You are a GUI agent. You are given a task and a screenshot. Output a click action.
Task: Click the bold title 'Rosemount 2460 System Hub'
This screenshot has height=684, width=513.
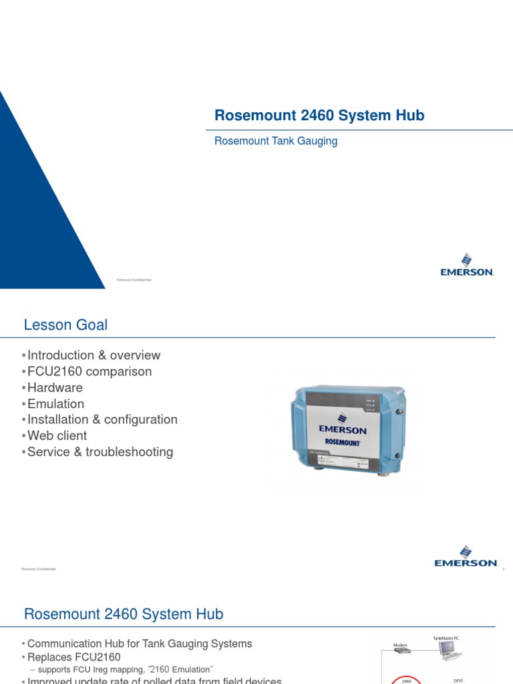point(319,116)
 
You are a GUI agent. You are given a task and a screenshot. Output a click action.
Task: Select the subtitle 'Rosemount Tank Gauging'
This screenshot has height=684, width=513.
point(276,141)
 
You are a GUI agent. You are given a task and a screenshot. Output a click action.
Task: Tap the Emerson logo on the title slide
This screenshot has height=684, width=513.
point(466,265)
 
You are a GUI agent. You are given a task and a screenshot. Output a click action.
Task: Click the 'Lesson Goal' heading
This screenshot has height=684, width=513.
point(65,325)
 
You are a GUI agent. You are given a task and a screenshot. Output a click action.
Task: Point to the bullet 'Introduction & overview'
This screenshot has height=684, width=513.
point(94,355)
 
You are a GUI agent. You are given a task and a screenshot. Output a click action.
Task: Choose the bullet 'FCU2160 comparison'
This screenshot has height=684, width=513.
point(90,371)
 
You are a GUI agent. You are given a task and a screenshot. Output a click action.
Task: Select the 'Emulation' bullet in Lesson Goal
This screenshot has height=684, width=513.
point(55,403)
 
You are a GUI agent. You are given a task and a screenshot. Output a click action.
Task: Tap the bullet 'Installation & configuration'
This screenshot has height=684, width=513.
point(102,419)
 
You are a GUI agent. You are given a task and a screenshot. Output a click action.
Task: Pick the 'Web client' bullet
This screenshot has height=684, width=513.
point(57,436)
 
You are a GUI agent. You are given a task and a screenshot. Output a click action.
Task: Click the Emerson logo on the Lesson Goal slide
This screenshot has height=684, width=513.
point(466,558)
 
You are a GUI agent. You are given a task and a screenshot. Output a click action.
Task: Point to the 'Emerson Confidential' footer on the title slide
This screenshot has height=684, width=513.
point(134,280)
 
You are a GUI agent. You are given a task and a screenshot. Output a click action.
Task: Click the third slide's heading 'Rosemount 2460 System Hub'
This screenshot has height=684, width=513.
point(124,614)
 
